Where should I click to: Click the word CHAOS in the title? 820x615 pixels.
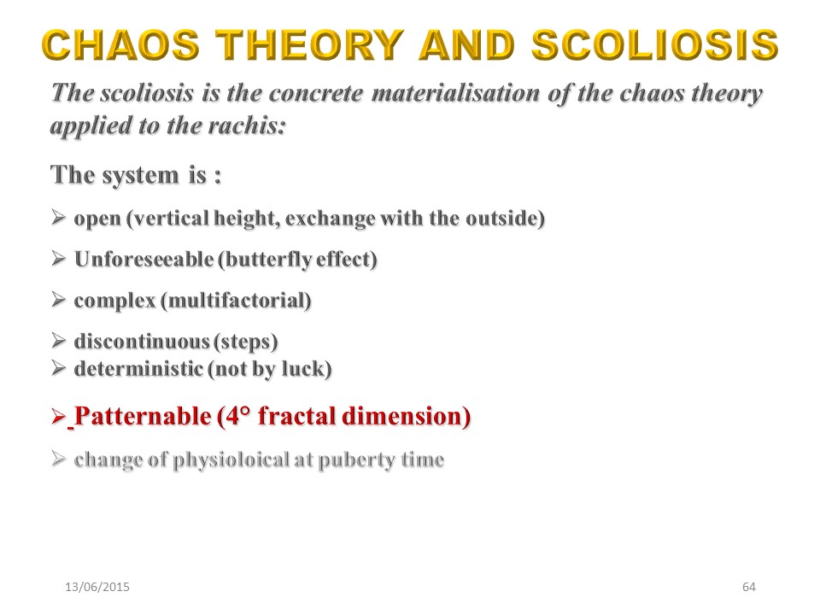pyautogui.click(x=120, y=44)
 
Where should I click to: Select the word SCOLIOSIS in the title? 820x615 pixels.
pyautogui.click(x=655, y=44)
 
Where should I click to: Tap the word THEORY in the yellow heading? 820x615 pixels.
pyautogui.click(x=310, y=44)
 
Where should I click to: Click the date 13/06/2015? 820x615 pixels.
pyautogui.click(x=97, y=587)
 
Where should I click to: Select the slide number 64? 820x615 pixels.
pyautogui.click(x=749, y=587)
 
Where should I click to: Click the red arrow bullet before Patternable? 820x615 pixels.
pyautogui.click(x=59, y=416)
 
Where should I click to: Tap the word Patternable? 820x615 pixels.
pyautogui.click(x=143, y=416)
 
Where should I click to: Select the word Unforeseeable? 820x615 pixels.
pyautogui.click(x=143, y=259)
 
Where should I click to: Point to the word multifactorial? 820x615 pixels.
pyautogui.click(x=237, y=301)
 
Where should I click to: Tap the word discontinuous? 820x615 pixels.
pyautogui.click(x=142, y=342)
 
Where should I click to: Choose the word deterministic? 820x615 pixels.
pyautogui.click(x=138, y=369)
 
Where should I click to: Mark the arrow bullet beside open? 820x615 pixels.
pyautogui.click(x=59, y=217)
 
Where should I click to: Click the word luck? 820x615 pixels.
pyautogui.click(x=303, y=369)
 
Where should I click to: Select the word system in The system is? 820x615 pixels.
pyautogui.click(x=141, y=175)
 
